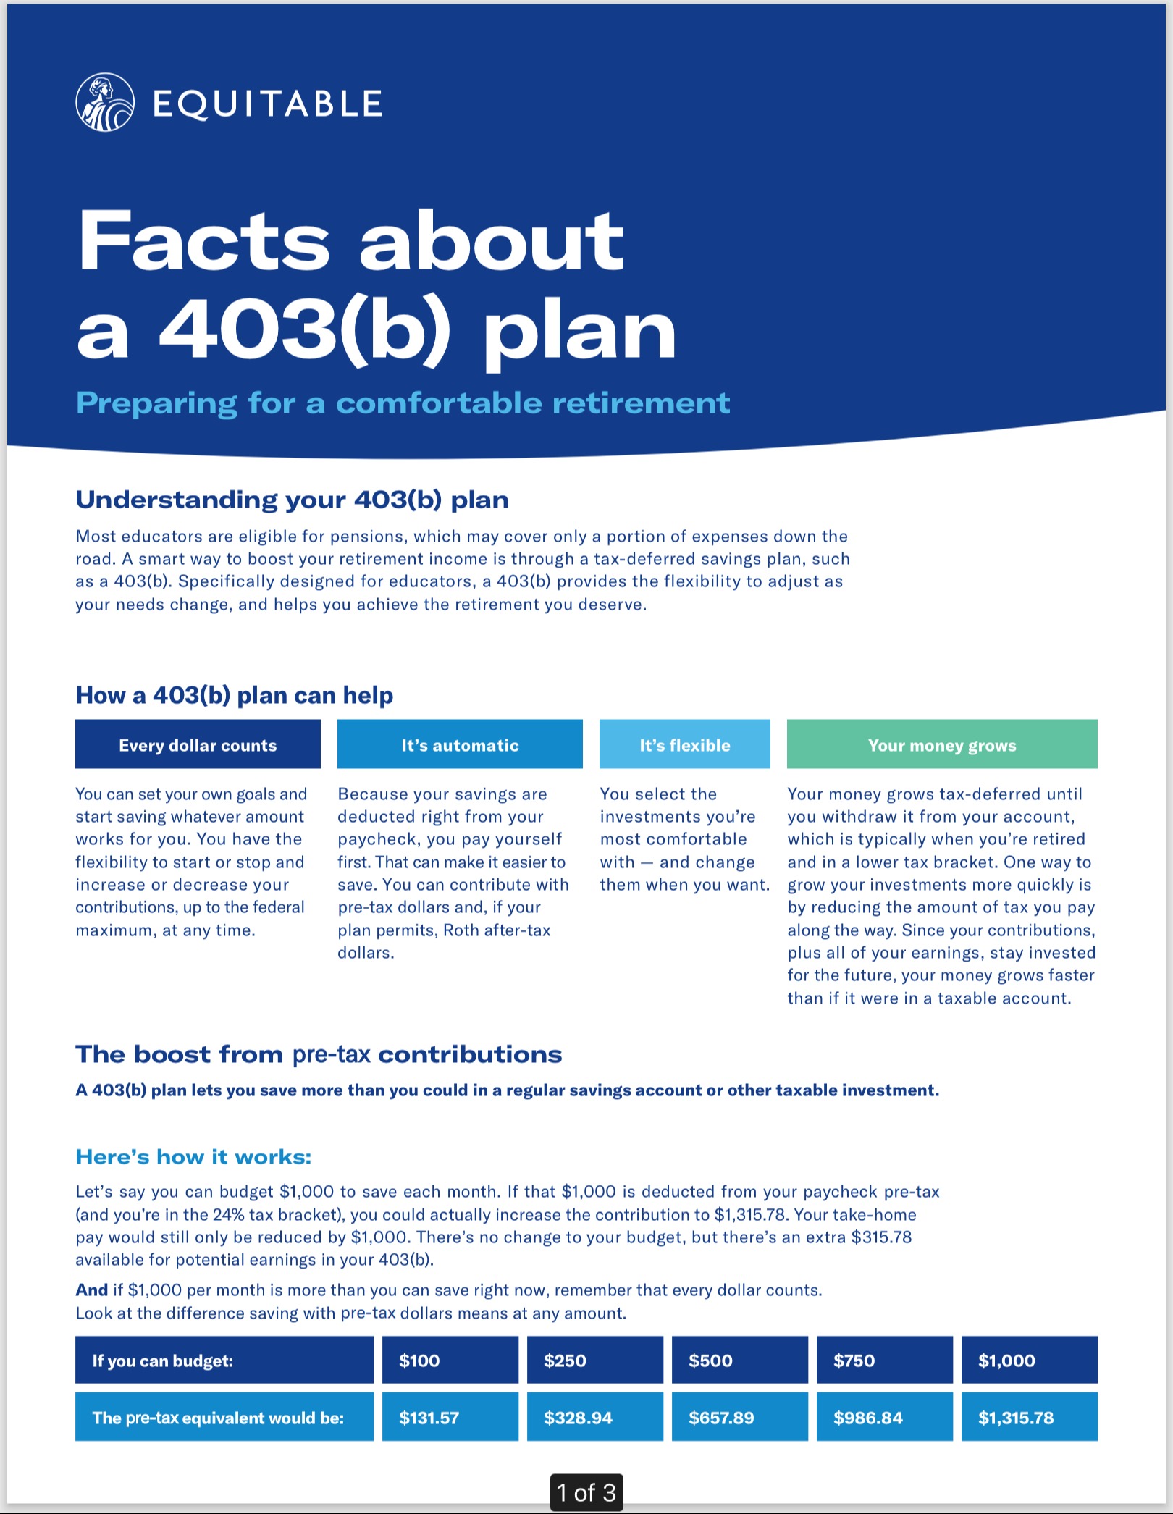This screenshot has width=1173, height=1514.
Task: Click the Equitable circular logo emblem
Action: [x=105, y=103]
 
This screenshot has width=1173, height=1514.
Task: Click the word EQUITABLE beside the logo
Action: [x=267, y=104]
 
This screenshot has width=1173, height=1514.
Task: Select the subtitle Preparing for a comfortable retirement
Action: [x=403, y=403]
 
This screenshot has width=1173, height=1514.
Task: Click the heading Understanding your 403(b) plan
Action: [x=292, y=500]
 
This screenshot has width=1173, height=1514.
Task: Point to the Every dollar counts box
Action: [x=198, y=744]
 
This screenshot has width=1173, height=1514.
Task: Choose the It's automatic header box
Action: [x=460, y=744]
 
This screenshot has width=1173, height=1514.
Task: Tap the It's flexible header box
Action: [x=684, y=744]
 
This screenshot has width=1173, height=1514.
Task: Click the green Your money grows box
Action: [x=941, y=744]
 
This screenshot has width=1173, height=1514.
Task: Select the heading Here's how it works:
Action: [x=193, y=1156]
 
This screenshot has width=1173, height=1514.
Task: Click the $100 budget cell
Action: [x=450, y=1361]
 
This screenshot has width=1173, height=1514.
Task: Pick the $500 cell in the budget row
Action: [x=739, y=1361]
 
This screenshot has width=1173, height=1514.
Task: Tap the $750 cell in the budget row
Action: [x=884, y=1361]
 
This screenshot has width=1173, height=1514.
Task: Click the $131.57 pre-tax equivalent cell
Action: [x=450, y=1417]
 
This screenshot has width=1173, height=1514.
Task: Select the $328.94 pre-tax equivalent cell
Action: [x=594, y=1417]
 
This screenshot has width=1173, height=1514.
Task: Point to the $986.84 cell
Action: [x=884, y=1417]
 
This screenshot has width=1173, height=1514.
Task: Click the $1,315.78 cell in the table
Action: [x=1029, y=1417]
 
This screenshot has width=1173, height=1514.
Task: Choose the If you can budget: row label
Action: [x=224, y=1361]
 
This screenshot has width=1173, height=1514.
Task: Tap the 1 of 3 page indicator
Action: [x=586, y=1492]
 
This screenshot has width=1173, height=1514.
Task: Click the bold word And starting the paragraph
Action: [x=91, y=1290]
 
